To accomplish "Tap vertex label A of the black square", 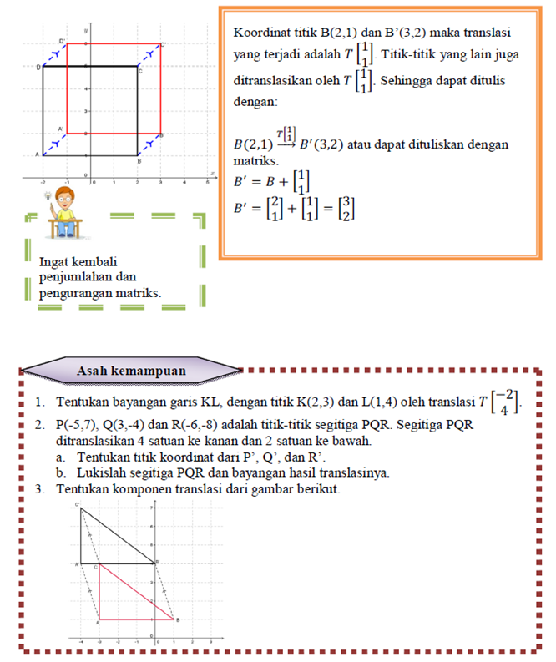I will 36,154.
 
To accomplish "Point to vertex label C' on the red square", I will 164,44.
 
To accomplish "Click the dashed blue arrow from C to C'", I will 149,54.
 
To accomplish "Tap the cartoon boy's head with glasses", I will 66,204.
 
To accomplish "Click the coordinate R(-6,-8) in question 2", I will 214,424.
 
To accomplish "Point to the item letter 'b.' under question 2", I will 62,472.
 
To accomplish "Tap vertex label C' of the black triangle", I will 78,506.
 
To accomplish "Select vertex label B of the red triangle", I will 178,619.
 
